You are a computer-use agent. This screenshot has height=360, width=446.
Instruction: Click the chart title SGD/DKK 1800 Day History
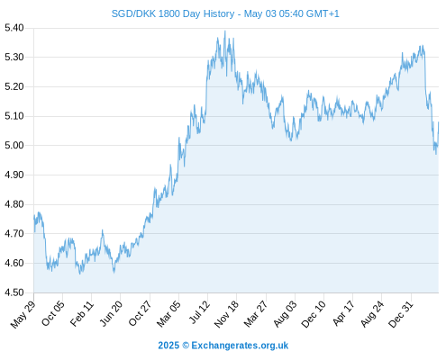(173, 13)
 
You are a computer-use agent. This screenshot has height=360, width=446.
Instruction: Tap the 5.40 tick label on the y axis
(14, 28)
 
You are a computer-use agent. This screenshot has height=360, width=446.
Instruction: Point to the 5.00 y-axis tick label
(14, 146)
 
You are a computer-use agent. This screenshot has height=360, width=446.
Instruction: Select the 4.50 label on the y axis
(14, 292)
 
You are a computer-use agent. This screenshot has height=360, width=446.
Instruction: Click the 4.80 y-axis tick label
(14, 204)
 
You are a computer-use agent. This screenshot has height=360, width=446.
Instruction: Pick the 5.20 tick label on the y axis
(14, 86)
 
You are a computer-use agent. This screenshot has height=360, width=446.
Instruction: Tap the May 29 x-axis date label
(23, 314)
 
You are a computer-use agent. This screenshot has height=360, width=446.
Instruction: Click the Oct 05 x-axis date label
(53, 313)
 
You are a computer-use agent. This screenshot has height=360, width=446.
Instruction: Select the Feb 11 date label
(82, 313)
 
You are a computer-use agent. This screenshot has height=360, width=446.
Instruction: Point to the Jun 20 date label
(111, 313)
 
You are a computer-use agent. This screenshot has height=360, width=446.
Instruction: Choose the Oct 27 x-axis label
(140, 313)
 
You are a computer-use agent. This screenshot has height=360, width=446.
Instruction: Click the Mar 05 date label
(168, 314)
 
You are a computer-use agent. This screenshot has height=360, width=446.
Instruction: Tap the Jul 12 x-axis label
(199, 312)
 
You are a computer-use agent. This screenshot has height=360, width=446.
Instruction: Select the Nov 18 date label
(226, 314)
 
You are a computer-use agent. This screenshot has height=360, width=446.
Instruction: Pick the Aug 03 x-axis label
(285, 314)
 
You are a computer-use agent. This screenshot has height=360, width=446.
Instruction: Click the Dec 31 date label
(401, 314)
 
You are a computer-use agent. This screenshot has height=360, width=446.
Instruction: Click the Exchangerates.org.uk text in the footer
(240, 346)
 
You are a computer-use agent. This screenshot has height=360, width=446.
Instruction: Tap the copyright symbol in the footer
(186, 346)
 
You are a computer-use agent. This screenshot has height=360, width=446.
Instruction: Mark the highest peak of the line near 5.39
(225, 31)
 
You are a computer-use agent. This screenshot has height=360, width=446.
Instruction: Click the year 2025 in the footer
(168, 346)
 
